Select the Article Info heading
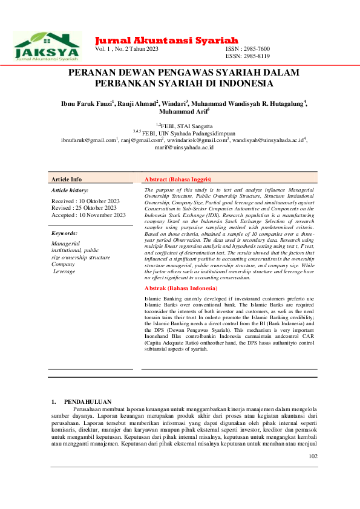(67, 180)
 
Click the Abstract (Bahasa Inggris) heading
(177, 180)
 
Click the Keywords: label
(64, 233)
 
